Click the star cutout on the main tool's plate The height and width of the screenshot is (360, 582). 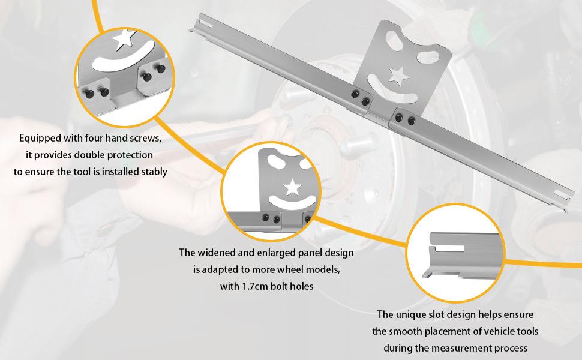tap(396, 74)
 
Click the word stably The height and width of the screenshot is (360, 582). tap(153, 171)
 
